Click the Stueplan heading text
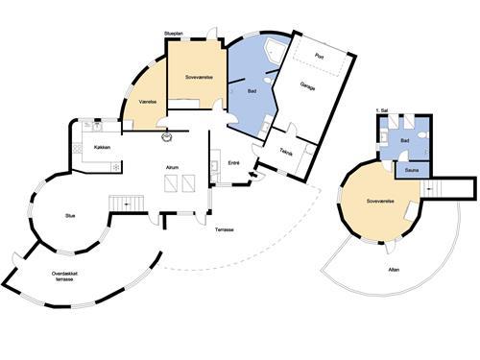(174, 33)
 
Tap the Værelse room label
(147, 100)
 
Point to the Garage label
(307, 85)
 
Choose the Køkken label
(102, 147)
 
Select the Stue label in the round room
(70, 216)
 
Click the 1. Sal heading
(381, 112)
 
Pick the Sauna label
(411, 170)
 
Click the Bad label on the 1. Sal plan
(405, 140)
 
